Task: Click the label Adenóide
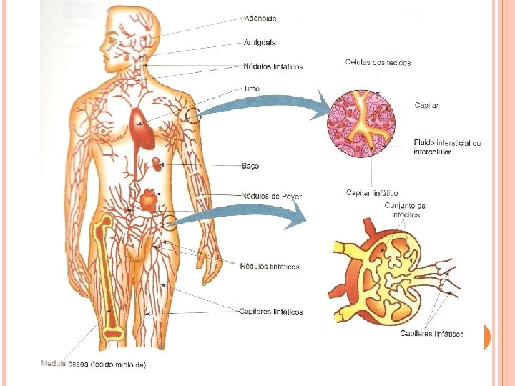pos(260,18)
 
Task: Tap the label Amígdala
pos(260,42)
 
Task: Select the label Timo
pos(252,89)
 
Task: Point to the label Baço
pos(250,166)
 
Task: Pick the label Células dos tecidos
pos(378,63)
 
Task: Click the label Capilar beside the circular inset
pos(426,105)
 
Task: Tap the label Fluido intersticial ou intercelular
pos(447,147)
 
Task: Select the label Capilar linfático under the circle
pos(372,193)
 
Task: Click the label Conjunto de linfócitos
pos(405,210)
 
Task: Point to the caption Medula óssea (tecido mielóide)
pos(94,365)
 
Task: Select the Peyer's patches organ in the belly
pos(148,199)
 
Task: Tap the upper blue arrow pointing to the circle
pos(257,107)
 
